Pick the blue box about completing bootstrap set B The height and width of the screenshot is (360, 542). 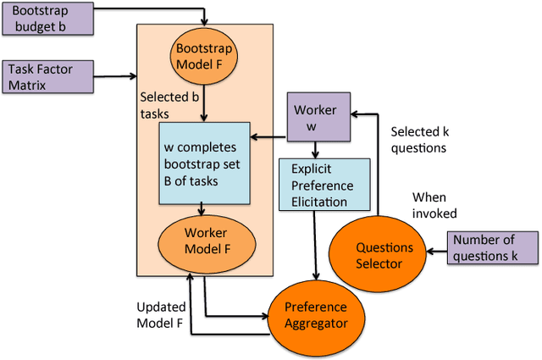(204, 163)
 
